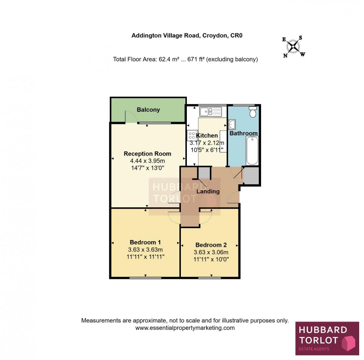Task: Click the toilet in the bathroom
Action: click(253, 112)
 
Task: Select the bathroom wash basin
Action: click(232, 124)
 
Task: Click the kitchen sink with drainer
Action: click(210, 111)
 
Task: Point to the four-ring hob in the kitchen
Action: click(192, 136)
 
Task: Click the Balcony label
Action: click(148, 110)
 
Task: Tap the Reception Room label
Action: click(147, 153)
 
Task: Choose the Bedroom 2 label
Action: click(211, 245)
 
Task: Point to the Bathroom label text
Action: click(243, 133)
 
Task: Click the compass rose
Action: click(294, 47)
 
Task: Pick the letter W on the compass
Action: click(303, 55)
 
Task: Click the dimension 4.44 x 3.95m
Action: click(147, 160)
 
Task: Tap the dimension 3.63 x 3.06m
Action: click(211, 252)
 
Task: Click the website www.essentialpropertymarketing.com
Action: click(185, 328)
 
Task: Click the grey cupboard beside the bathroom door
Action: click(251, 176)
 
